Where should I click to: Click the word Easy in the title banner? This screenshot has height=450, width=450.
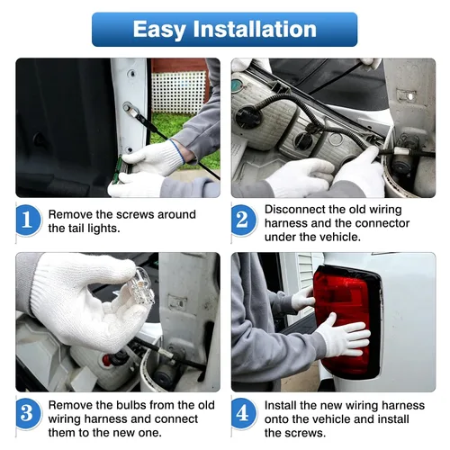pos(159,30)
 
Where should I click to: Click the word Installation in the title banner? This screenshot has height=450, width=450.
pos(255,29)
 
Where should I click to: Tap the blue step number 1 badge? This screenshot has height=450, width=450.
pos(28,220)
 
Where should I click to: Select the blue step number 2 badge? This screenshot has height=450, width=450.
pos(243,220)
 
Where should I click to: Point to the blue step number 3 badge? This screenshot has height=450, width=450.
pos(28,414)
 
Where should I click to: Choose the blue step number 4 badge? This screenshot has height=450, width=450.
pos(243,414)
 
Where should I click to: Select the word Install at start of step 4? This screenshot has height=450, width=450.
pos(280,405)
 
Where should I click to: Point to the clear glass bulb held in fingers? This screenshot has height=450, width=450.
pos(140,286)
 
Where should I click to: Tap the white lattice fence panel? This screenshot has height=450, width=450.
pos(177,92)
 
